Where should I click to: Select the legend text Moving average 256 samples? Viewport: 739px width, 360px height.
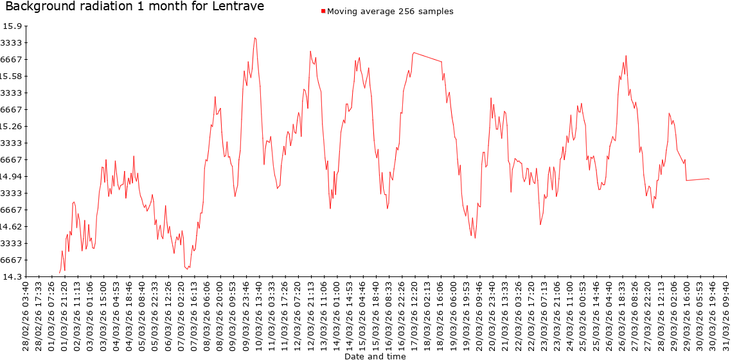click(390, 12)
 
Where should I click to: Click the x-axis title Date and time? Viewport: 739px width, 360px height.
click(375, 355)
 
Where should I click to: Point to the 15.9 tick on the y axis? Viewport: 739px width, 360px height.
click(13, 26)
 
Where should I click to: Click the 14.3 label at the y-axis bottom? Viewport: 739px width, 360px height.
click(13, 277)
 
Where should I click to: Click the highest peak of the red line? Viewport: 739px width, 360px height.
click(254, 37)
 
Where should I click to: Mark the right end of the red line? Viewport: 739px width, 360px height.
click(709, 179)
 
